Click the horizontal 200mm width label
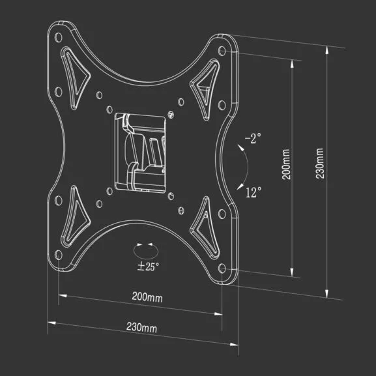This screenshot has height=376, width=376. pos(147,298)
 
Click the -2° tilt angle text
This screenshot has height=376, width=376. pos(252,139)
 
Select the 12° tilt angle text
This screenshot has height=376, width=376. pos(254,192)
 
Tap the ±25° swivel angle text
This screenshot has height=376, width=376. pos(148,266)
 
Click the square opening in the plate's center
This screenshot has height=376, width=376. pos(139,152)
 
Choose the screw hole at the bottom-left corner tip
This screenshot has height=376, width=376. pos(60,258)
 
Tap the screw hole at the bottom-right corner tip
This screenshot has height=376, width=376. pos(225,268)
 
